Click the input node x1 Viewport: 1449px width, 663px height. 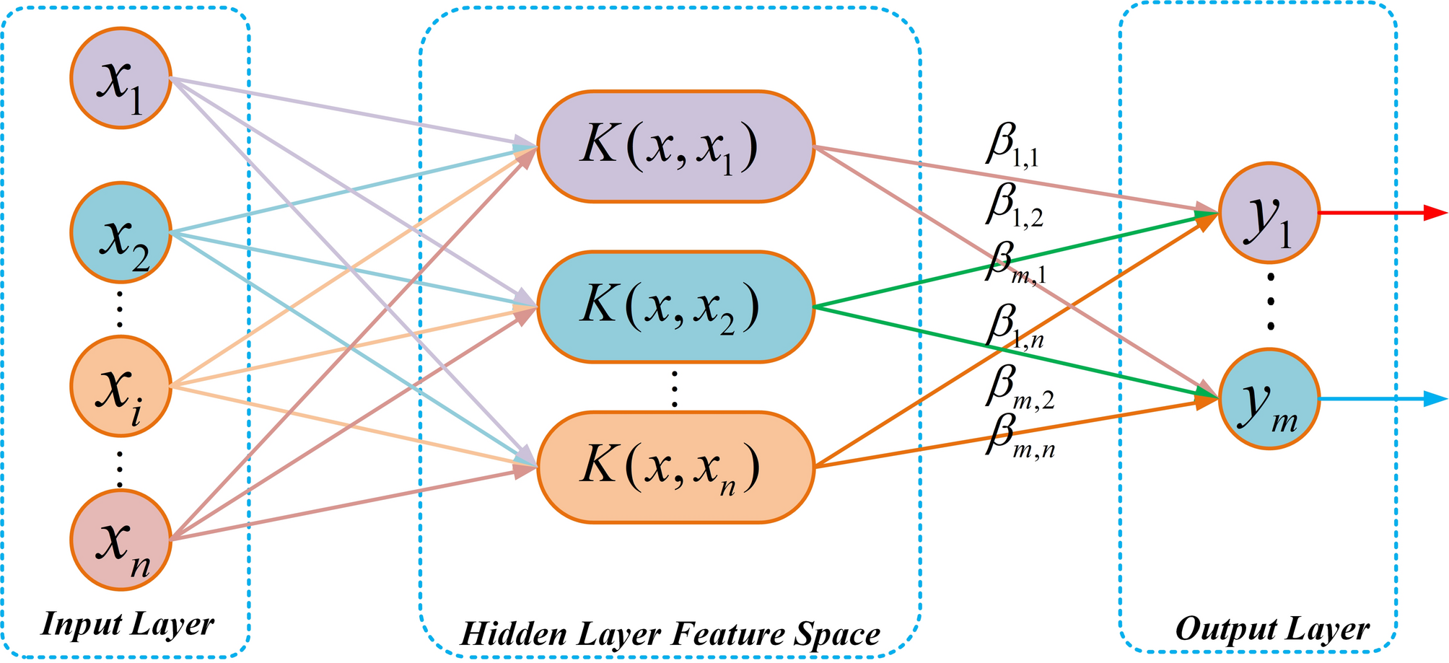[x=121, y=78]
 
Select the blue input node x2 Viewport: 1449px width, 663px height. [x=121, y=232]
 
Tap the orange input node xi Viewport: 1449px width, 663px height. [x=121, y=386]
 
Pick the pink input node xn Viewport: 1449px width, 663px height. [x=121, y=540]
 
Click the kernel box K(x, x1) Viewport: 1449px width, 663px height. [x=675, y=146]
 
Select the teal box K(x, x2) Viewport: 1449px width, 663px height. [x=675, y=307]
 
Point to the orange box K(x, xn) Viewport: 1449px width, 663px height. [x=675, y=467]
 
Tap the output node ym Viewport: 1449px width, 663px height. [x=1269, y=398]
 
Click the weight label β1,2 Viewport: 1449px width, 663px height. [x=1014, y=206]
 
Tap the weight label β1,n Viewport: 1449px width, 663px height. [x=1014, y=328]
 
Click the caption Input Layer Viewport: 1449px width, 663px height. [x=128, y=624]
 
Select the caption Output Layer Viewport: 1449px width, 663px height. [x=1271, y=628]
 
